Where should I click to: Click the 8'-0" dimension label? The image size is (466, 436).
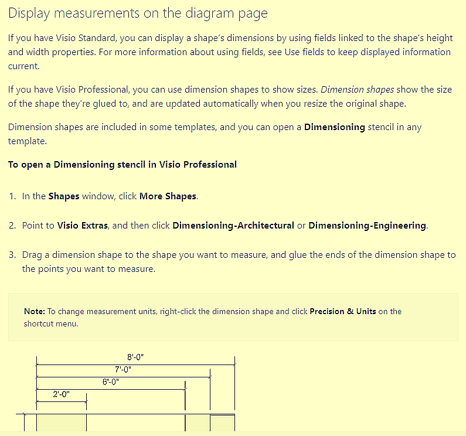[x=135, y=357]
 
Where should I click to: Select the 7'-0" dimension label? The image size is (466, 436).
[x=123, y=369]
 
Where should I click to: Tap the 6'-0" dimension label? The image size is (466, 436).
[x=111, y=381]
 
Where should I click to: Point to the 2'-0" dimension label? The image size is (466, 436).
[x=61, y=394]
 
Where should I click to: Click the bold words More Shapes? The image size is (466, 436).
[x=168, y=196]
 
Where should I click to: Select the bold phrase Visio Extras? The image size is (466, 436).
[x=82, y=226]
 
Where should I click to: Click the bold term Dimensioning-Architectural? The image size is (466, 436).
[x=233, y=226]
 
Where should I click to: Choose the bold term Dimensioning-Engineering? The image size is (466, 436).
[x=367, y=226]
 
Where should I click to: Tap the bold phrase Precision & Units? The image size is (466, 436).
[x=343, y=312]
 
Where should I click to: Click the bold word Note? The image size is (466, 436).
[x=35, y=312]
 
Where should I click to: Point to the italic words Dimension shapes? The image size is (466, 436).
[x=357, y=90]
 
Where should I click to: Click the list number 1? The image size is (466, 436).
[x=12, y=196]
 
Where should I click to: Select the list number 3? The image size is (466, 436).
[x=12, y=255]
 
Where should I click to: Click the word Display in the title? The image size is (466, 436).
[x=29, y=13]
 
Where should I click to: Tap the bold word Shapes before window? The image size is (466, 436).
[x=64, y=196]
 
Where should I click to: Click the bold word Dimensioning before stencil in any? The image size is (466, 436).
[x=335, y=127]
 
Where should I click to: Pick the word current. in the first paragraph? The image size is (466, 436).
[x=23, y=66]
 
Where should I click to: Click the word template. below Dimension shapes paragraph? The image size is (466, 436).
[x=28, y=141]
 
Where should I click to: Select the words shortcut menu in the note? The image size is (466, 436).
[x=51, y=323]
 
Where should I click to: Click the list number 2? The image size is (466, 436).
[x=12, y=226]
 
